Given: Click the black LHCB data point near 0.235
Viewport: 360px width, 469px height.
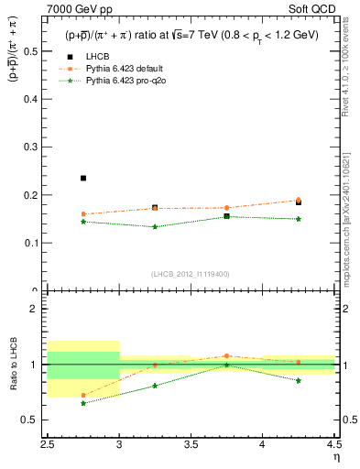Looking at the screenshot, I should pyautogui.click(x=83, y=178).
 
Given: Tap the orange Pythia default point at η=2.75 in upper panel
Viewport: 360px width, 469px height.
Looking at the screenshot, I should pyautogui.click(x=83, y=214).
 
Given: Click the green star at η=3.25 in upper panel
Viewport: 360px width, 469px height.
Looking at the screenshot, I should pyautogui.click(x=155, y=227).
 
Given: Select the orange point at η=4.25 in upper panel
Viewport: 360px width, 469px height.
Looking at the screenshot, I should pyautogui.click(x=299, y=201).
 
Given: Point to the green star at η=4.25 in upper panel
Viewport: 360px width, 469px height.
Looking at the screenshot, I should pyautogui.click(x=299, y=219).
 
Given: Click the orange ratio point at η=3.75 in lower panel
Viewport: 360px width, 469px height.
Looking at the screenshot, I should pyautogui.click(x=226, y=355).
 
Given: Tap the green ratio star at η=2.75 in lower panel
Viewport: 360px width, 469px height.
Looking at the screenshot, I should pyautogui.click(x=83, y=403).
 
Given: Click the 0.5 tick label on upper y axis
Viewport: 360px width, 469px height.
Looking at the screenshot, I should pyautogui.click(x=34, y=51).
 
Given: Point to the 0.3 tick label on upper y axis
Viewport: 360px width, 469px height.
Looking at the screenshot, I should pyautogui.click(x=34, y=147).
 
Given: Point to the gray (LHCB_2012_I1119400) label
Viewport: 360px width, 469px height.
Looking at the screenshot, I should pyautogui.click(x=191, y=274).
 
